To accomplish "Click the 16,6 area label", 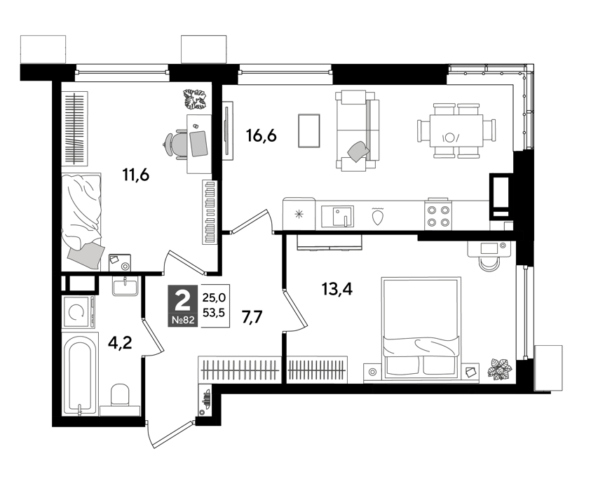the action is (x=261, y=136).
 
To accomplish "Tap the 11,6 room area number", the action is (x=135, y=175).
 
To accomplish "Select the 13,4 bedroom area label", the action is (x=337, y=288).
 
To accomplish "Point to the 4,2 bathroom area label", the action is (x=120, y=342).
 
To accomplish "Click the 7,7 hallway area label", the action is (x=252, y=317).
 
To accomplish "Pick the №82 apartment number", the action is (x=183, y=320).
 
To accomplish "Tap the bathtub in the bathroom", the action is (x=80, y=375).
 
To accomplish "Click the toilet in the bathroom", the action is (x=120, y=400).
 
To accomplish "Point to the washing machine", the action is (x=79, y=312).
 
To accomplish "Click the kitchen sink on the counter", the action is (x=338, y=216).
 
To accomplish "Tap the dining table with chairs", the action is (x=456, y=130).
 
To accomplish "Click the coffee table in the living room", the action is (x=309, y=130).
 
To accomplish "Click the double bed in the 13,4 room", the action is (x=421, y=327).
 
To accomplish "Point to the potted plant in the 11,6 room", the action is (x=196, y=99).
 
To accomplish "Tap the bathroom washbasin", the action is (x=125, y=286).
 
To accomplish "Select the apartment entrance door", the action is (x=170, y=435).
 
